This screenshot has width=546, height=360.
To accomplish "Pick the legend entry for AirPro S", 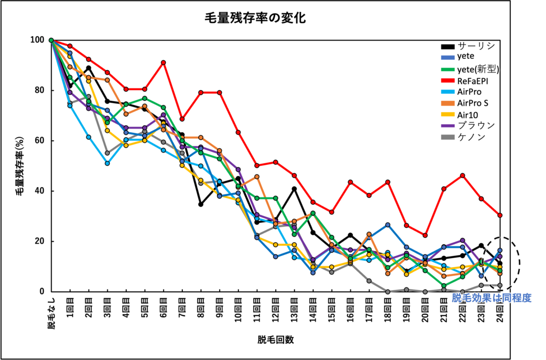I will point(480,102).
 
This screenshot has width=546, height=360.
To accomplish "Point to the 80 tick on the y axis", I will point(39,90).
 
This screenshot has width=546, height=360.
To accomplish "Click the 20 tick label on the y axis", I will point(39,241).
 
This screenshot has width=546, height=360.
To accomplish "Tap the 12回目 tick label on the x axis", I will point(276,309).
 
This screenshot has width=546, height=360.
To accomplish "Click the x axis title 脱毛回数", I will point(275,340).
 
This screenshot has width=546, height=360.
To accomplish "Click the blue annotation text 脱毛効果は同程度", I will point(492,298).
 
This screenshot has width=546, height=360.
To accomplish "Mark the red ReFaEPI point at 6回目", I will point(163,62).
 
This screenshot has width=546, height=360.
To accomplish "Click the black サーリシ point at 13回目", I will point(294,188).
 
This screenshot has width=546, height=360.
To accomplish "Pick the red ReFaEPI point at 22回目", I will point(462,175).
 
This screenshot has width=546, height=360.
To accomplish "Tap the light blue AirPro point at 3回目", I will point(107,163).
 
